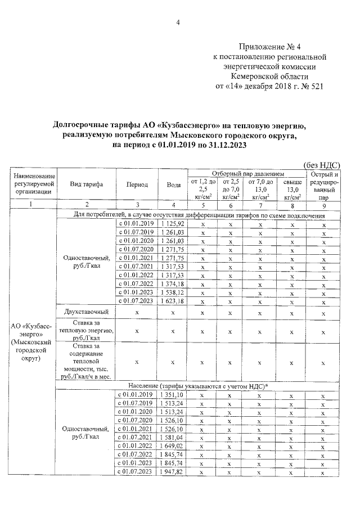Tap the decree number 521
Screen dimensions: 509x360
316,87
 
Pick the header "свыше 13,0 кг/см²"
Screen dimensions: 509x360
291,189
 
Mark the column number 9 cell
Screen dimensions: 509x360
324,205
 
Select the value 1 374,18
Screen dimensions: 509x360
172,283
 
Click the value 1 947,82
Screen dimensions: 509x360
172,471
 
